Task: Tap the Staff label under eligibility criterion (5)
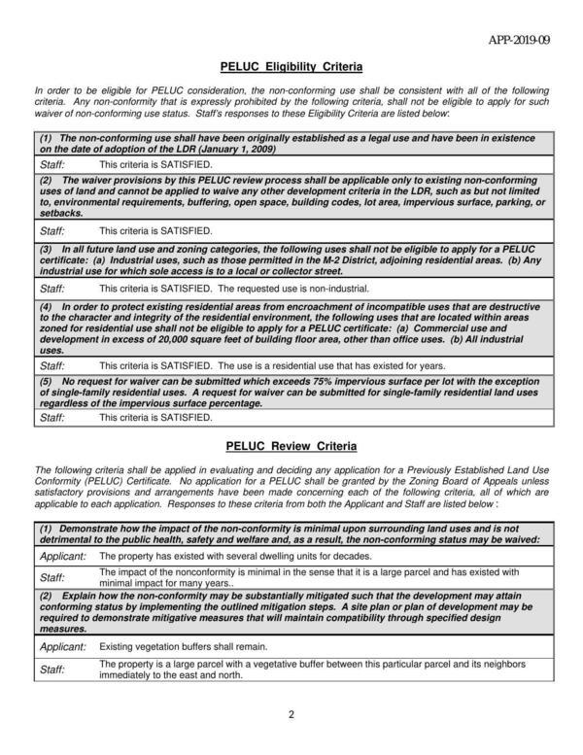pyautogui.click(x=51, y=417)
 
